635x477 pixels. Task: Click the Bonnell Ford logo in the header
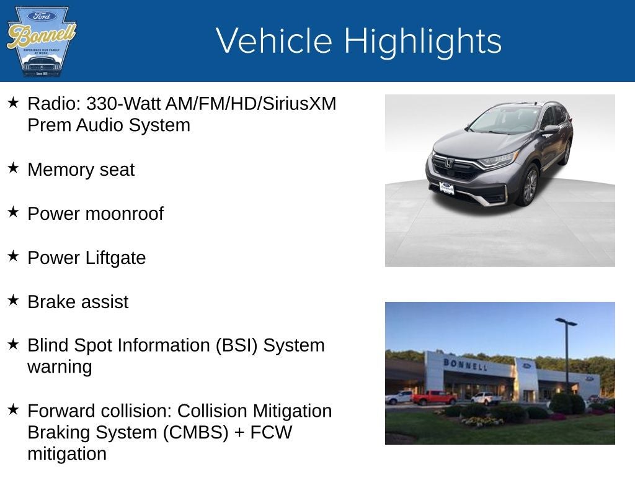[x=41, y=41]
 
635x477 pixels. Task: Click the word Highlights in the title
[x=422, y=41]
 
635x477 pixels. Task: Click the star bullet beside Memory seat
[x=14, y=168]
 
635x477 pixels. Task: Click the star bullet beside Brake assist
[x=14, y=300]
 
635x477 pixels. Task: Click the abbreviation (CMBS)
[x=195, y=433]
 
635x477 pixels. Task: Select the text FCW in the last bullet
[x=271, y=433]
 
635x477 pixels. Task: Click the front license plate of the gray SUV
[x=446, y=188]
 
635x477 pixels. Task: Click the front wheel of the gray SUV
[x=529, y=185]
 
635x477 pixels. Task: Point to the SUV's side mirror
[x=549, y=130]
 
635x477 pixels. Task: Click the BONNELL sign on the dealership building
[x=465, y=364]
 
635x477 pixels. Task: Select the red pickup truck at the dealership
[x=433, y=397]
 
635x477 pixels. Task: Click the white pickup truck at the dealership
[x=486, y=398]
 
